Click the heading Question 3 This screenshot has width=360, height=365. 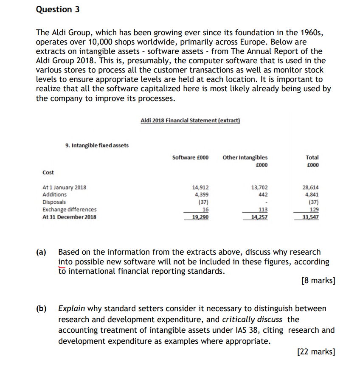58,9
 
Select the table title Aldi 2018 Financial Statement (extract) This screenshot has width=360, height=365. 190,121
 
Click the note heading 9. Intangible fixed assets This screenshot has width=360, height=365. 97,146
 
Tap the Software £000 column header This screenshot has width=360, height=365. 190,157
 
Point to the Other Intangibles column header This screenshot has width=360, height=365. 245,157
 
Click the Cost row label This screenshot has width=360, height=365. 48,172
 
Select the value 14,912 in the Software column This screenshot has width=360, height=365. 200,188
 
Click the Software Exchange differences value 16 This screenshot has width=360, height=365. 205,209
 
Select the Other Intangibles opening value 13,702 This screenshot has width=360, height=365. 259,188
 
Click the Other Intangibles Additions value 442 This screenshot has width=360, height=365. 263,195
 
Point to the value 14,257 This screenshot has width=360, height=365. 259,217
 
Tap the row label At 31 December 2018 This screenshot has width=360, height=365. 69,217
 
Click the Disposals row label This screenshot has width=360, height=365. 54,202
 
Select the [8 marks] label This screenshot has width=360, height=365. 318,281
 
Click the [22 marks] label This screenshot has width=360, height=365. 316,351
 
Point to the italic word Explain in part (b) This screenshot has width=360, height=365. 71,309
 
